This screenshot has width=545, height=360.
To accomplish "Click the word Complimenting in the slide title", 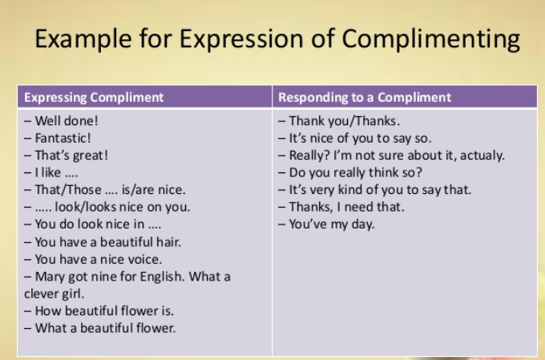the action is click(x=431, y=39).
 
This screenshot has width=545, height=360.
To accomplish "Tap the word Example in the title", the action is click(x=83, y=39).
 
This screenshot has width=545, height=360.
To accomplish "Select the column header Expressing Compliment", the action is click(x=94, y=97).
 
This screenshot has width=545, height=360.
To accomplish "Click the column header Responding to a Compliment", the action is click(x=365, y=97).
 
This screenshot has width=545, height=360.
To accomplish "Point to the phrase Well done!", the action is click(x=67, y=121).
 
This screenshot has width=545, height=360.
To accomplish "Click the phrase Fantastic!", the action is click(x=63, y=138).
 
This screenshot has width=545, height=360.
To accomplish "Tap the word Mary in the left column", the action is click(x=50, y=277).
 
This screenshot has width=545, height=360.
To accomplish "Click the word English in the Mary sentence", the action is click(x=162, y=277).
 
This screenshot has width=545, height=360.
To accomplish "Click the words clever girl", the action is click(x=54, y=294).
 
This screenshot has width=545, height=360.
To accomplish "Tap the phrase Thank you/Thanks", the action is click(x=345, y=121).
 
